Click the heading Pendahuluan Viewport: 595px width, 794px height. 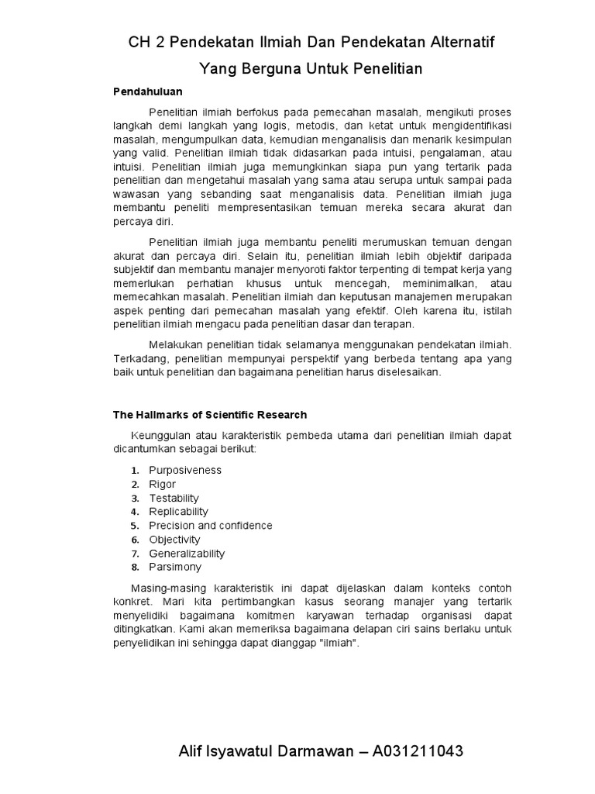point(148,91)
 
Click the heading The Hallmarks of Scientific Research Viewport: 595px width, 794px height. point(210,415)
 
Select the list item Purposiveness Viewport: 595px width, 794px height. point(185,470)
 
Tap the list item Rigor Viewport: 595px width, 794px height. point(163,484)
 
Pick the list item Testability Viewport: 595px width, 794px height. point(174,498)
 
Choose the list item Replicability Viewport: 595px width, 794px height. point(178,512)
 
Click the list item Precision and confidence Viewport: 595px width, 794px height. point(211,526)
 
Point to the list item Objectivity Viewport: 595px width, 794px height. point(174,540)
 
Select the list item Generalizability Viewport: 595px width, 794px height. point(187,554)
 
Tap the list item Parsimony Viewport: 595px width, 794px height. point(174,567)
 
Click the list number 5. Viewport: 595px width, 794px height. point(134,526)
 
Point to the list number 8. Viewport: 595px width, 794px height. point(134,568)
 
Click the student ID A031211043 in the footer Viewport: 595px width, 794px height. point(419,752)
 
